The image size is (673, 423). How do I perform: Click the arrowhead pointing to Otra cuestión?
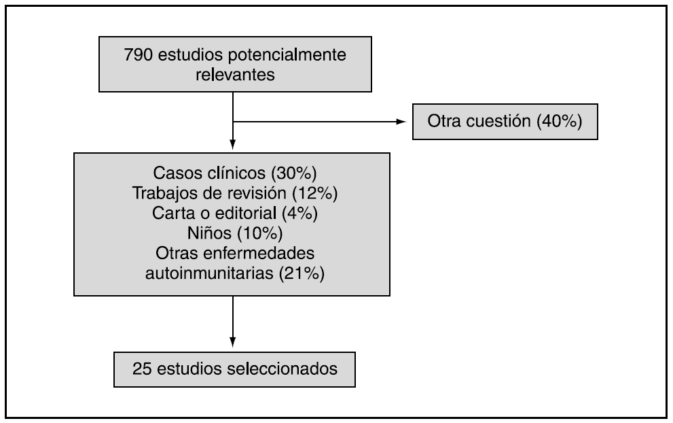coord(401,122)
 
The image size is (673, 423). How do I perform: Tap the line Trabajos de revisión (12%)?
coord(232,192)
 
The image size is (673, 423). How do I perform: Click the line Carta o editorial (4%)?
coord(232,211)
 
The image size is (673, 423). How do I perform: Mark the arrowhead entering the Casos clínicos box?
coord(233,144)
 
